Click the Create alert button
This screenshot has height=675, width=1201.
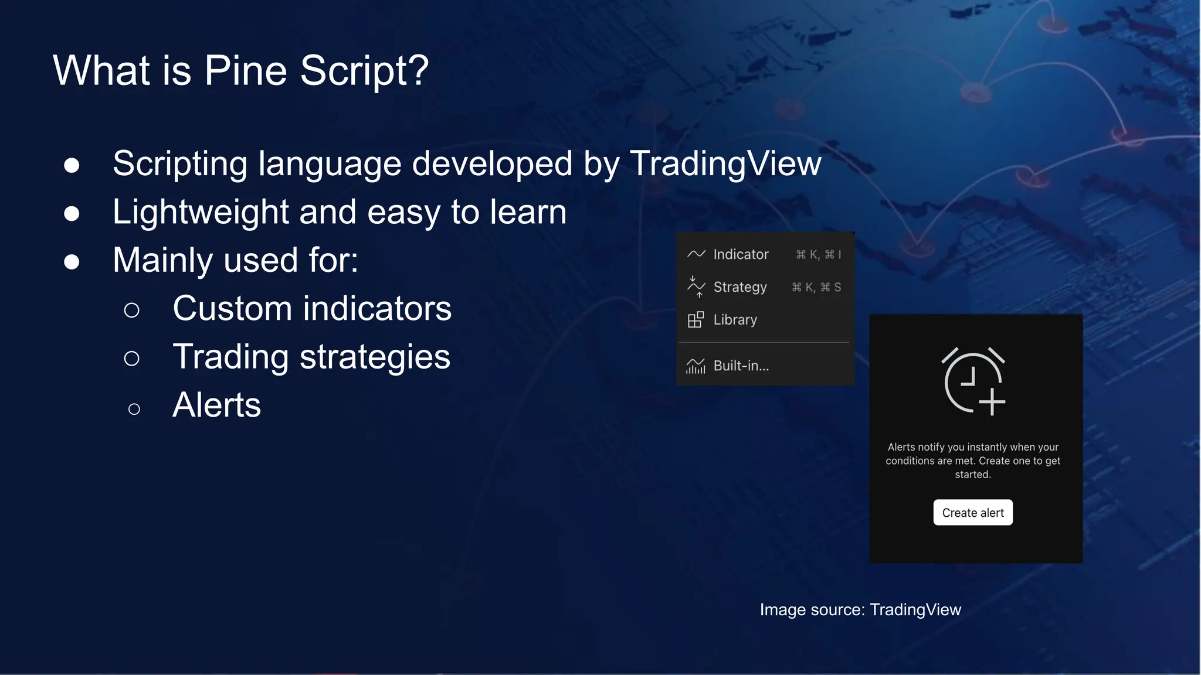(x=972, y=513)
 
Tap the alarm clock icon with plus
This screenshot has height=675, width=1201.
(x=973, y=381)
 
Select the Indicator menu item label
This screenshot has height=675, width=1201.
(x=741, y=254)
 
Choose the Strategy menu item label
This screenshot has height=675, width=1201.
(x=739, y=287)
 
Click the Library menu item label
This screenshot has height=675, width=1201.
(x=735, y=320)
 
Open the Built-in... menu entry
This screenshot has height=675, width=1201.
(x=741, y=366)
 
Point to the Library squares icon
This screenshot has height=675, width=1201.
(x=696, y=320)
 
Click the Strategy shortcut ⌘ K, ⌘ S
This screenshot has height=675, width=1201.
(x=816, y=287)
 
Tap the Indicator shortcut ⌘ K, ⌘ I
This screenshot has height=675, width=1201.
(x=818, y=254)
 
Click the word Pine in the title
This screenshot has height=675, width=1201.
(x=245, y=71)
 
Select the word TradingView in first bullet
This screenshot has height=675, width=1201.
(x=725, y=163)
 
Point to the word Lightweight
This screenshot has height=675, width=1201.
(x=201, y=212)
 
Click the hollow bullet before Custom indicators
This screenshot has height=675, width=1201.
(x=132, y=310)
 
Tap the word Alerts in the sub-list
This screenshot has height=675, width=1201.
(x=216, y=405)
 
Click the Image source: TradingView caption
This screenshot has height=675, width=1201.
(x=860, y=609)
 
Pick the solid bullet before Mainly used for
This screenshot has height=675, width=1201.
(x=72, y=261)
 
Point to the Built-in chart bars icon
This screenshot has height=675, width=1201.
(x=696, y=366)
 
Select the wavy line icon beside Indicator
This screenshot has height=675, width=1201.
(x=696, y=254)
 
